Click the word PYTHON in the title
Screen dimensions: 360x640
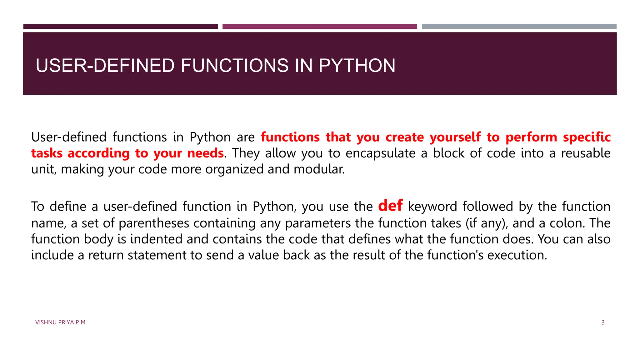(x=357, y=66)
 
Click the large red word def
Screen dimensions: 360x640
(x=390, y=206)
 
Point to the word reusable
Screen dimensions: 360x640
(x=586, y=153)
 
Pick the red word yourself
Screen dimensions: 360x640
(x=455, y=137)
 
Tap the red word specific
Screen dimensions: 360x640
(x=587, y=137)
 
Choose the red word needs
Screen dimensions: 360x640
(x=205, y=153)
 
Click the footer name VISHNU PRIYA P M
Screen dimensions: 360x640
(x=60, y=322)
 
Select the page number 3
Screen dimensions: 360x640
(x=603, y=322)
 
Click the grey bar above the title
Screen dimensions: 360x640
(x=519, y=27)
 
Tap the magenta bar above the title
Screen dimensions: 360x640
(x=319, y=27)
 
